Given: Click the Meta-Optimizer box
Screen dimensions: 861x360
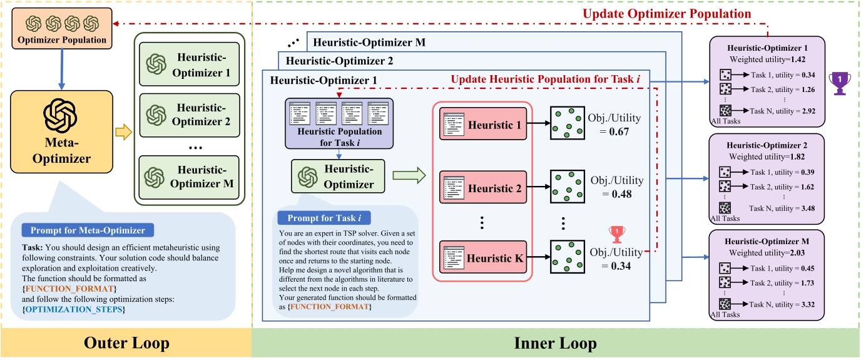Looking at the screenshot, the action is (61, 131).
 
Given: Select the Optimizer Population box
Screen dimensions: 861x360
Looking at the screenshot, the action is (62, 28).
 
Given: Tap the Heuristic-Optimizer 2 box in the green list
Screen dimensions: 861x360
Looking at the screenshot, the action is (189, 115).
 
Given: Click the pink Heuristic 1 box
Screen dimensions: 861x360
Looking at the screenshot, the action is (483, 124).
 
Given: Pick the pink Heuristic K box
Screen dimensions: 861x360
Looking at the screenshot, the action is (483, 257).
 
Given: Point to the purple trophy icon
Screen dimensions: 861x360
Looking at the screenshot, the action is (840, 83).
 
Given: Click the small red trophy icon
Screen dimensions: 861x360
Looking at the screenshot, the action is (617, 234).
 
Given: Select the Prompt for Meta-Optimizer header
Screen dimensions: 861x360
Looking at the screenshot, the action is (88, 230).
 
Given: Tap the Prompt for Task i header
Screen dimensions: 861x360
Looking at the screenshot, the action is (324, 218).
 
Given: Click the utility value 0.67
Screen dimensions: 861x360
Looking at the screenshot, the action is (619, 132).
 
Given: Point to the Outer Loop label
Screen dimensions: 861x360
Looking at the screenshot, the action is (126, 342).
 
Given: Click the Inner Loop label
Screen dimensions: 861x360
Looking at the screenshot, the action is (556, 343).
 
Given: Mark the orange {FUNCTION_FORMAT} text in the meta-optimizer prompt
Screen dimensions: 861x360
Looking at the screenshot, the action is (69, 289).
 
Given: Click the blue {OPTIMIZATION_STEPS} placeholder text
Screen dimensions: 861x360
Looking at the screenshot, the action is (74, 309).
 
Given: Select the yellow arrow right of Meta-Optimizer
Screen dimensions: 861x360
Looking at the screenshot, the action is (123, 132).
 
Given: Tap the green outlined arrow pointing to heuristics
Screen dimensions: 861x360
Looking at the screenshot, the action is (409, 175).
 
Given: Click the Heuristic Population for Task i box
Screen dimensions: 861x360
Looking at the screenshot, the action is (339, 123).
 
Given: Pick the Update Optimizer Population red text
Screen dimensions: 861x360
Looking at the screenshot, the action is (667, 14).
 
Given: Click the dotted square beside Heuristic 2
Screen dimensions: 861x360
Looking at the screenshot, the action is (568, 187).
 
